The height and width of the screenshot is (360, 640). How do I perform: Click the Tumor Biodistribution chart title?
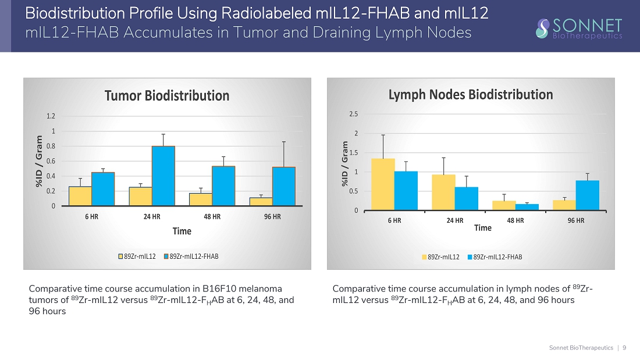pyautogui.click(x=166, y=95)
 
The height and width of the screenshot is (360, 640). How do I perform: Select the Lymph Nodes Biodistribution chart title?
pyautogui.click(x=470, y=94)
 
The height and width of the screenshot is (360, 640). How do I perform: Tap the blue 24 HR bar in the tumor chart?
pyautogui.click(x=163, y=176)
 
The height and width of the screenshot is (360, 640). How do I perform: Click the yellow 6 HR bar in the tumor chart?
pyautogui.click(x=80, y=196)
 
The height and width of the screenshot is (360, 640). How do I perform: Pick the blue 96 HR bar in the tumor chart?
pyautogui.click(x=284, y=186)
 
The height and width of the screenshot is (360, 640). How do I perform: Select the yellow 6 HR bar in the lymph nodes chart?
pyautogui.click(x=383, y=184)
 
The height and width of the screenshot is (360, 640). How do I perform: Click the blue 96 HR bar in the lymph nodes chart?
pyautogui.click(x=588, y=195)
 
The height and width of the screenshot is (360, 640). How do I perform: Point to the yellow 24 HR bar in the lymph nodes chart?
pyautogui.click(x=443, y=193)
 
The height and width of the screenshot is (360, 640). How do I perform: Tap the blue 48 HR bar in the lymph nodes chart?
pyautogui.click(x=527, y=207)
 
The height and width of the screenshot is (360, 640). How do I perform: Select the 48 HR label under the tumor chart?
pyautogui.click(x=212, y=217)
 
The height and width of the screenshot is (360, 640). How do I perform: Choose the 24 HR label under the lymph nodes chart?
pyautogui.click(x=455, y=220)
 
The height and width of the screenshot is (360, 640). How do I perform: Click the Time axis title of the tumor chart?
pyautogui.click(x=182, y=231)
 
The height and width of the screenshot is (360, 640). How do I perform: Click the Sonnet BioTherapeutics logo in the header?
pyautogui.click(x=579, y=27)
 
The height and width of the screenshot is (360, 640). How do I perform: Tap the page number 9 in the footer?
pyautogui.click(x=624, y=348)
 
